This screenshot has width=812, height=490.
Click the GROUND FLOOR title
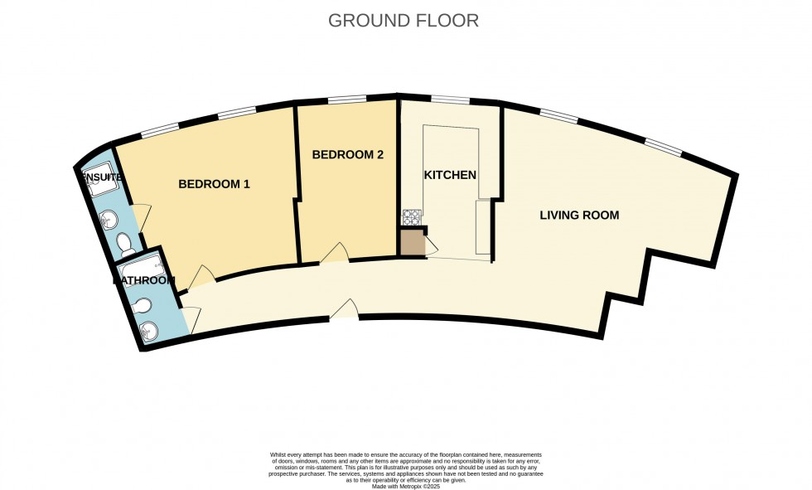pos(404,21)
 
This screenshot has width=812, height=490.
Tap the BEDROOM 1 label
pos(214,184)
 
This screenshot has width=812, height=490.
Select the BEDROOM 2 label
pos(347,155)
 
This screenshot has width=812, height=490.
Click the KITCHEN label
pos(450,175)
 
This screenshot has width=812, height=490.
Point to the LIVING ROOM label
pos(579,216)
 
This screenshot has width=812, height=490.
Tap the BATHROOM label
pos(144,281)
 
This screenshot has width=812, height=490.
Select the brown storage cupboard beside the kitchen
pos(412,243)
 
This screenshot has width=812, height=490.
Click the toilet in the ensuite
pos(125,244)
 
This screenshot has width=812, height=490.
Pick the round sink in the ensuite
pos(110,219)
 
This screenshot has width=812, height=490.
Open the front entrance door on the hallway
pos(344,309)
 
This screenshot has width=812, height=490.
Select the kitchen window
pos(450,100)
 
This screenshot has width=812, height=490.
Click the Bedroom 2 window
pos(347,100)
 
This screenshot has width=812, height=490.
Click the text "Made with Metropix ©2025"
pos(405,485)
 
